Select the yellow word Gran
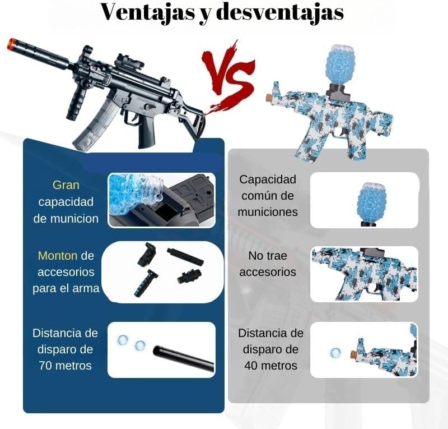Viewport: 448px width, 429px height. pos(66,184)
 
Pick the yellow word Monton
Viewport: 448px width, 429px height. pos(57,255)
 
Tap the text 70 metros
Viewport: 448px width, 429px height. pos(65,366)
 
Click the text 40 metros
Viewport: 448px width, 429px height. pos(270,366)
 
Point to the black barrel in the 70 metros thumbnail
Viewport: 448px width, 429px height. pos(184,359)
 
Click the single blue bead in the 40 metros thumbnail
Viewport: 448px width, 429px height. pos(335,353)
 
